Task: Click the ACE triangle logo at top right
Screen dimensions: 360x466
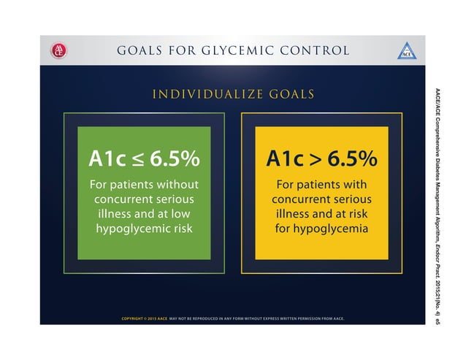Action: (407, 51)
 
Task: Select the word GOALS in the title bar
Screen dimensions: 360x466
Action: (142, 50)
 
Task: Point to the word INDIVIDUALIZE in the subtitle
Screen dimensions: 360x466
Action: (202, 94)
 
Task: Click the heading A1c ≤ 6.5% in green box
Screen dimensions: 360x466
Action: (144, 158)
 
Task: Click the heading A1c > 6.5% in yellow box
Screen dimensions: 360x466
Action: (321, 158)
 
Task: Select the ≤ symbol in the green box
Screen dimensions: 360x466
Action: (137, 159)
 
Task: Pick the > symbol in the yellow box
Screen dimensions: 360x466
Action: (314, 159)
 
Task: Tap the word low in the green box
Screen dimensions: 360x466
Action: (186, 213)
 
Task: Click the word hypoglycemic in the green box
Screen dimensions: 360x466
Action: (131, 229)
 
